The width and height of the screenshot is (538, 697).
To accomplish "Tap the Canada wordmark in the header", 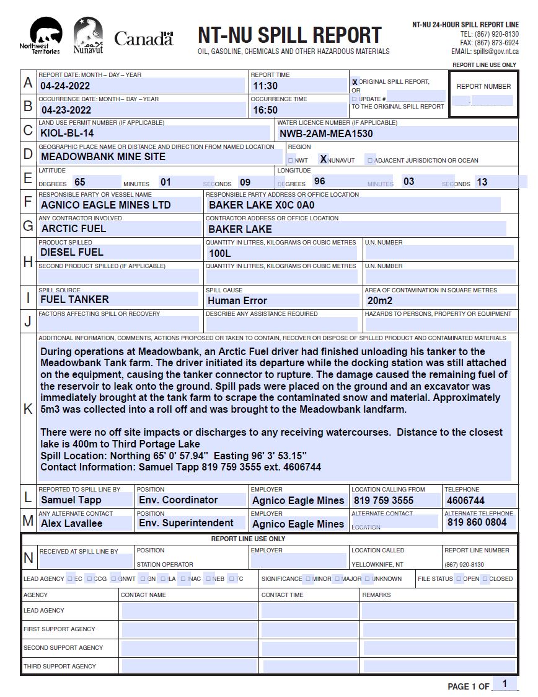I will point(144,38).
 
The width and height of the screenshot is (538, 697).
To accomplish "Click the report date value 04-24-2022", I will point(65,86).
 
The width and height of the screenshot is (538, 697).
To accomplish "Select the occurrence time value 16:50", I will point(265,110).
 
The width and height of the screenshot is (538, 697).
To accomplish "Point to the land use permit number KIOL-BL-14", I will point(67,133).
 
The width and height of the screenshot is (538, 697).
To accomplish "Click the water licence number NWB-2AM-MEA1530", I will point(326,133).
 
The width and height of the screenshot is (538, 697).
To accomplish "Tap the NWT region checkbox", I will point(291,161).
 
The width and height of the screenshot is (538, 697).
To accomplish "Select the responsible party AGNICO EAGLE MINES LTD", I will point(106,205).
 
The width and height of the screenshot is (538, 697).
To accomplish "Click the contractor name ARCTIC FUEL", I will point(74,228).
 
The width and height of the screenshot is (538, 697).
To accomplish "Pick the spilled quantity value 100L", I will point(220,253).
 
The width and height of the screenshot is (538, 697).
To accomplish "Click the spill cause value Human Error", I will point(237,300).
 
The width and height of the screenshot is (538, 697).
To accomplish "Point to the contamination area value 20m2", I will point(381,300).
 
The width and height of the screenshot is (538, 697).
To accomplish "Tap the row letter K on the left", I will point(28,409).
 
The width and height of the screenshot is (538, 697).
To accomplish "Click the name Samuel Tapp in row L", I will point(71,500).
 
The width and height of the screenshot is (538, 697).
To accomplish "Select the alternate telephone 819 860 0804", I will point(477,523).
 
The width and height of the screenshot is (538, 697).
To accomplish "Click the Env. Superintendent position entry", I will point(186,523).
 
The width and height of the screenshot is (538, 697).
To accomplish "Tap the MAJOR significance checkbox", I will point(337,578).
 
